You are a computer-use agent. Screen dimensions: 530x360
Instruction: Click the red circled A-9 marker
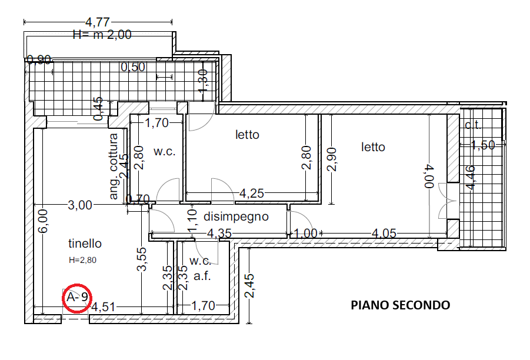click(77, 298)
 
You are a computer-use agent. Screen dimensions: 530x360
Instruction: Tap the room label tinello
click(85, 244)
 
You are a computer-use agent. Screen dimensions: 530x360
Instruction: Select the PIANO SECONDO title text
click(400, 305)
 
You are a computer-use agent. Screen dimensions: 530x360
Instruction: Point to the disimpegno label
click(236, 216)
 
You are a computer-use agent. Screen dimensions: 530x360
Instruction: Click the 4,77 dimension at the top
click(97, 22)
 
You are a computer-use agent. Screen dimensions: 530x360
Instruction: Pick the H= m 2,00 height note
click(102, 35)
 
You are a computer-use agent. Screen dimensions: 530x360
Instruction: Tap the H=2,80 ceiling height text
click(82, 260)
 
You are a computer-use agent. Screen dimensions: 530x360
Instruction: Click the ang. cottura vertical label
click(114, 166)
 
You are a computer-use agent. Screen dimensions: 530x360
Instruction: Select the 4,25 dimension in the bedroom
click(252, 194)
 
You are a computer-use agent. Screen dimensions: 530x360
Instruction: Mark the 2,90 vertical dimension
click(332, 159)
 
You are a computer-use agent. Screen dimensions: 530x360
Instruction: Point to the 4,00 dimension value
click(429, 176)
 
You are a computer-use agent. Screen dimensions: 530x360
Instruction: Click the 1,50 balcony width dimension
click(483, 145)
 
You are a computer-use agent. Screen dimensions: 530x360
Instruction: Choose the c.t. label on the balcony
click(473, 125)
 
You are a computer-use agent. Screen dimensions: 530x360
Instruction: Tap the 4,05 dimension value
click(384, 234)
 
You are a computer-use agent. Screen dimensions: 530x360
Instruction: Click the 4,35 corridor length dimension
click(219, 234)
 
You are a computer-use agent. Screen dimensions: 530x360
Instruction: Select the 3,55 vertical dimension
click(142, 259)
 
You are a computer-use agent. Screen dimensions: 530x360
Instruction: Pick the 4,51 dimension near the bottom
click(103, 307)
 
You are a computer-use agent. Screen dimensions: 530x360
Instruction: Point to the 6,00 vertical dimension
click(43, 221)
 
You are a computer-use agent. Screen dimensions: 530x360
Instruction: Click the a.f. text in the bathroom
click(202, 276)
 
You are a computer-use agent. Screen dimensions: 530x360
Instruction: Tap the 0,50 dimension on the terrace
click(133, 67)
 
